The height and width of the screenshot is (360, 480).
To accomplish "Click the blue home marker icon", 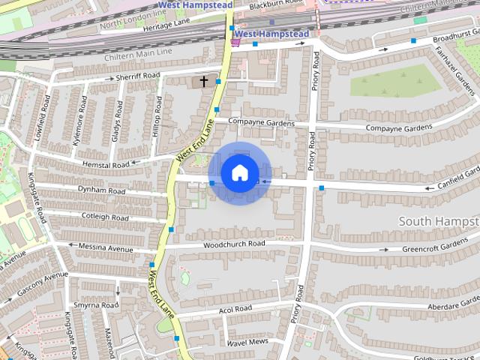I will (239, 172).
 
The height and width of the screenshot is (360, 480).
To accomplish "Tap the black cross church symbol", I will (203, 80).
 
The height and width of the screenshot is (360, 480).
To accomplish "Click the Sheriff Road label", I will (137, 76).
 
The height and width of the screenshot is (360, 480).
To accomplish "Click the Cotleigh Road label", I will (106, 217).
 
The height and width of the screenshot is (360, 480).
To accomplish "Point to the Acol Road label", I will (233, 309).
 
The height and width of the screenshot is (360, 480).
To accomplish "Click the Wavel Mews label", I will (247, 342).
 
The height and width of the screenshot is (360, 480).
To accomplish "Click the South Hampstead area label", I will (439, 221).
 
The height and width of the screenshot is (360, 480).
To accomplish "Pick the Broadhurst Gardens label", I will (456, 36).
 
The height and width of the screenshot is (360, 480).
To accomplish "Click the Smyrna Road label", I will (96, 305).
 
